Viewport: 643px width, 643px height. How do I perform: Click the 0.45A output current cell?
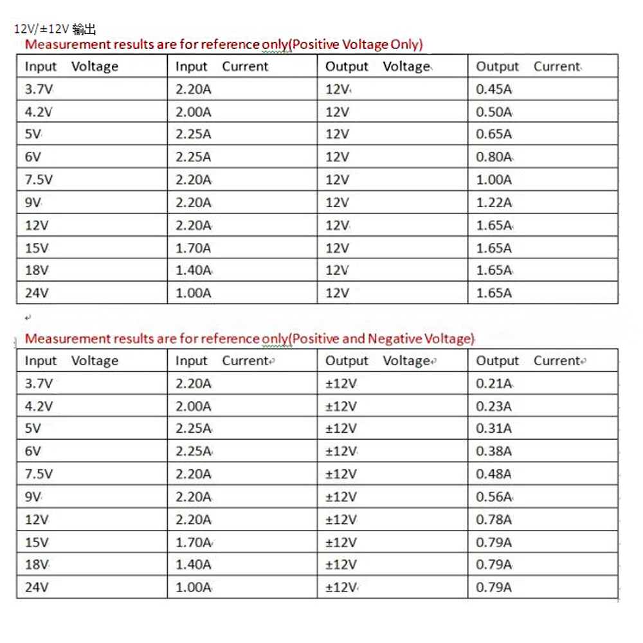pos(494,89)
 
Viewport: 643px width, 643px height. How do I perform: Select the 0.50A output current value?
pos(494,112)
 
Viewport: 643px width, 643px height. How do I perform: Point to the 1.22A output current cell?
pos(494,203)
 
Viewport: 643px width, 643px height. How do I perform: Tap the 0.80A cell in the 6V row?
pos(494,157)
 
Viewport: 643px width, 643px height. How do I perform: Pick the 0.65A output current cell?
pos(494,134)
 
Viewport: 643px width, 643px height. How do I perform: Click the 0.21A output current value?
pos(494,384)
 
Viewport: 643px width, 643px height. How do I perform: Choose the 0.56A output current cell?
pos(494,497)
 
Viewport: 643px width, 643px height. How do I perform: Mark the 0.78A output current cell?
pos(494,520)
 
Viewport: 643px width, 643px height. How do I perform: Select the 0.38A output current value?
pos(494,451)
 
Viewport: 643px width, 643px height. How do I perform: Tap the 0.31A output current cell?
pos(494,429)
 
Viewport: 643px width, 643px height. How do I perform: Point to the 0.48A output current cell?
pos(494,475)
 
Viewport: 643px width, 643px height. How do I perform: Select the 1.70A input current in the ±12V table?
pos(194,543)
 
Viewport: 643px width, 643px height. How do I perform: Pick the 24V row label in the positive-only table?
pos(37,293)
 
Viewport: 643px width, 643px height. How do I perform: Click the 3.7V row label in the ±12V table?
pos(39,384)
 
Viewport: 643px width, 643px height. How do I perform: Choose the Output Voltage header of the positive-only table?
pos(377,66)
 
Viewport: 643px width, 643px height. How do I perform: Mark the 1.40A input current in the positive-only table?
pos(194,270)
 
